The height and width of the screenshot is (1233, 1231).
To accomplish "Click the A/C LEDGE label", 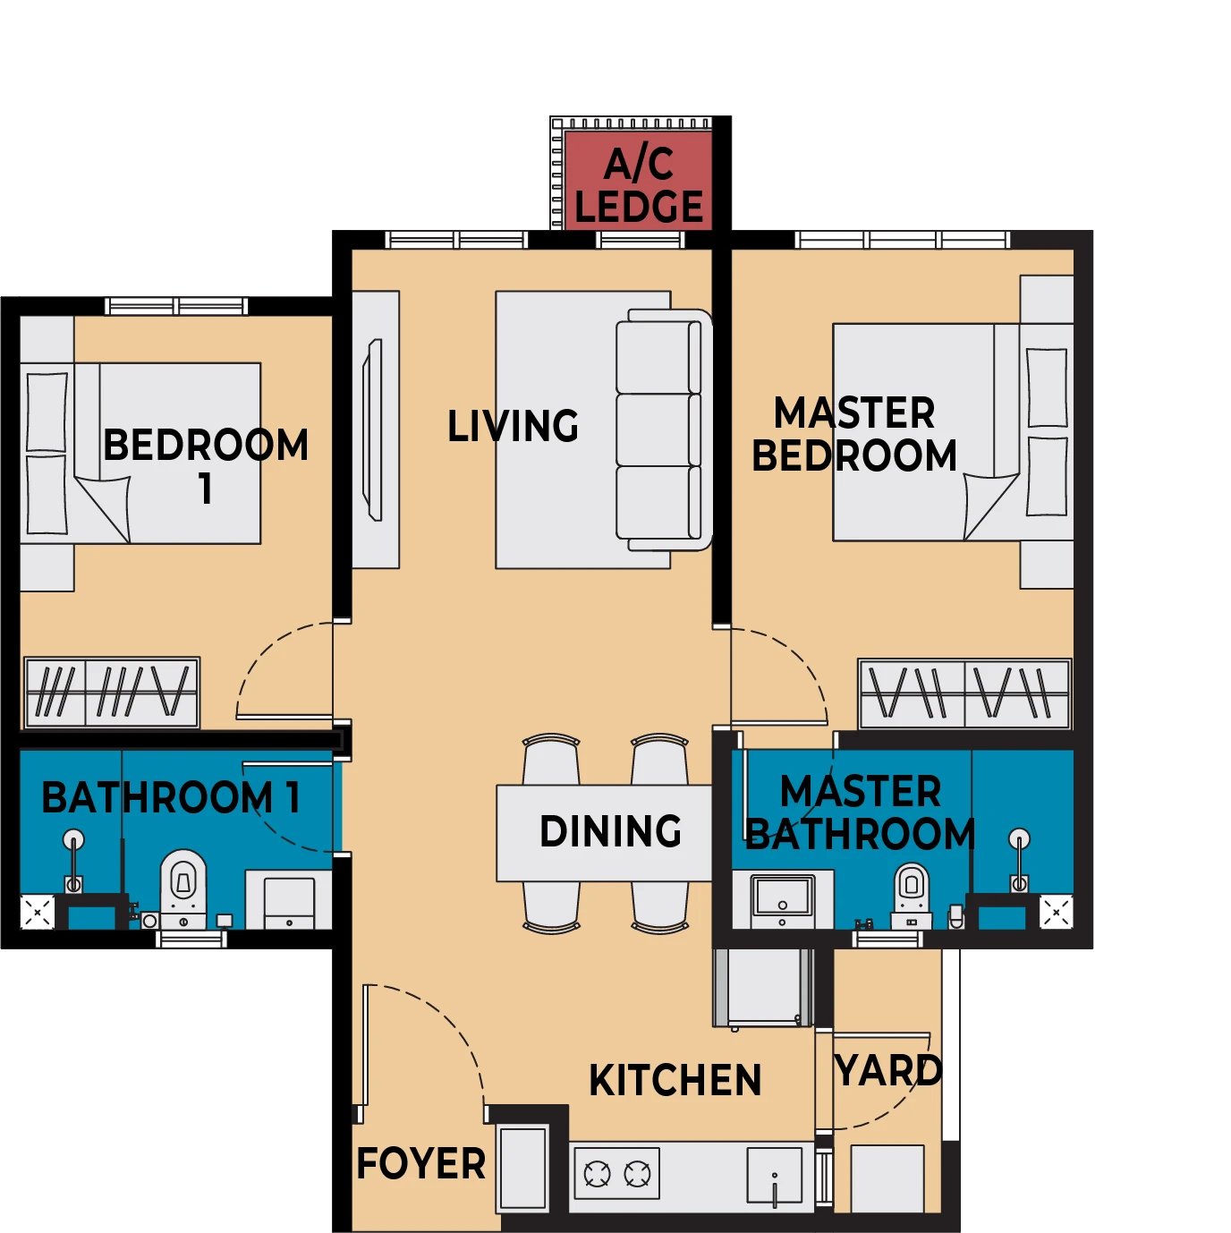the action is pos(639,184).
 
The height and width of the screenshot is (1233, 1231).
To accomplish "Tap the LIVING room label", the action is pos(513,426).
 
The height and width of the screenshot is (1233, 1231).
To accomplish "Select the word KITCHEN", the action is pos(675,1080).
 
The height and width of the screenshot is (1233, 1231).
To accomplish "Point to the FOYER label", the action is pos(421,1163).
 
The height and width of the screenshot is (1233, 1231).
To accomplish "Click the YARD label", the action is pos(888,1070).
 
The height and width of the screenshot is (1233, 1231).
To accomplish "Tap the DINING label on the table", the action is pos(610,831).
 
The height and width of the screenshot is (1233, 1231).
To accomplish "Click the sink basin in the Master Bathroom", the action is pos(783,897).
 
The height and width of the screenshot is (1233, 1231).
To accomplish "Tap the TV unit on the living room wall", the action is pos(373,429).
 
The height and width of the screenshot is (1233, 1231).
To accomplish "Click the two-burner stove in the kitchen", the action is pos(616,1173).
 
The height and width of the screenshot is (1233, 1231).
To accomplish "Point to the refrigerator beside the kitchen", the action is pos(763,987).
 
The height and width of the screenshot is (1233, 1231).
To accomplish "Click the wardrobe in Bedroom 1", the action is pos(112,693).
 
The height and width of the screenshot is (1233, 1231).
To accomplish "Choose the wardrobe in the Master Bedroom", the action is pos(964,694).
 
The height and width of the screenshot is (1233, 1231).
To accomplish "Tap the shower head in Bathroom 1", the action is pos(73,839).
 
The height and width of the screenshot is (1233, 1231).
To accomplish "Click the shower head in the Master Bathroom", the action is pos(1019,838).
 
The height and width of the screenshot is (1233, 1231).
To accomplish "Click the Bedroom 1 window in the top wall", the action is pos(176,306).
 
